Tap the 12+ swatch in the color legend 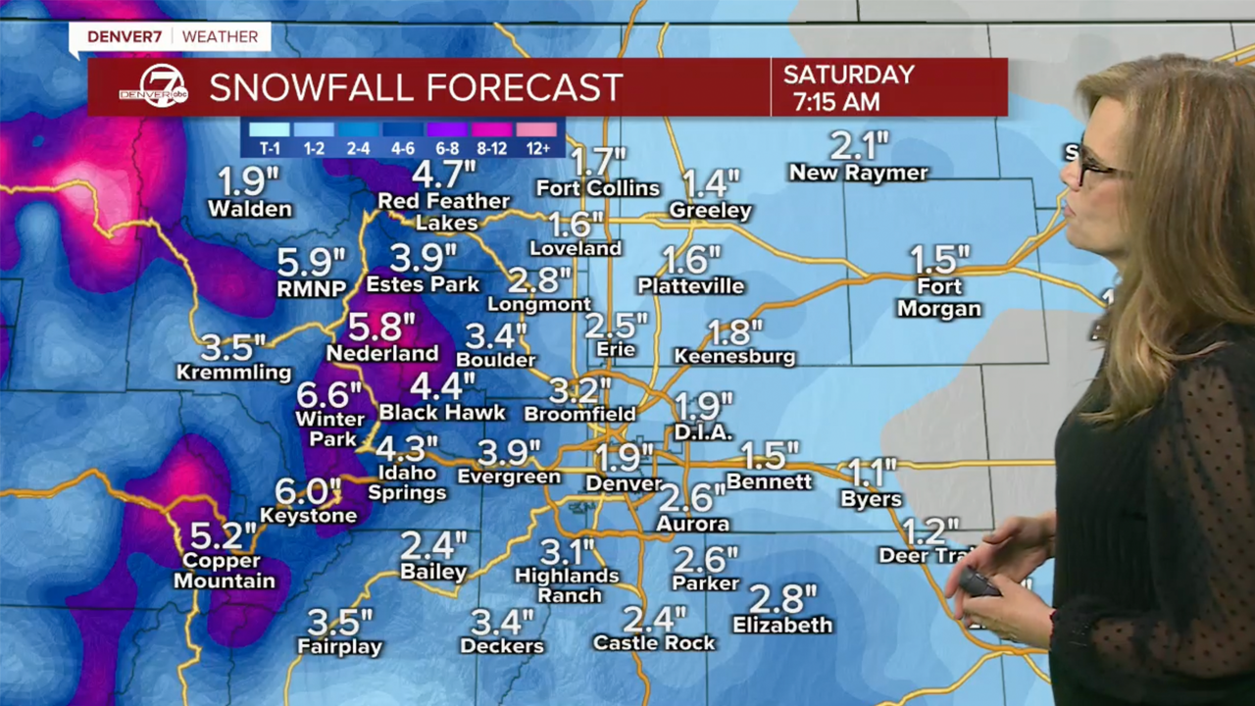(x=536, y=129)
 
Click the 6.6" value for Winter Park (x=329, y=395)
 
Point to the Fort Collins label (x=597, y=187)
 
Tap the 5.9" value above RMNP (x=312, y=262)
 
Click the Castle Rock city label (x=654, y=643)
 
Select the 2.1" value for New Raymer (x=859, y=147)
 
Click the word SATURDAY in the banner (x=849, y=75)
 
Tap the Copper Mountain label (x=225, y=571)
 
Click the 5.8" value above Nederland (x=381, y=327)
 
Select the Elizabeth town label (x=782, y=625)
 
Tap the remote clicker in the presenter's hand (x=979, y=582)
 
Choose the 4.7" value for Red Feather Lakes (x=443, y=176)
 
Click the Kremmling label (x=233, y=373)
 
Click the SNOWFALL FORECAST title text (x=416, y=87)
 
